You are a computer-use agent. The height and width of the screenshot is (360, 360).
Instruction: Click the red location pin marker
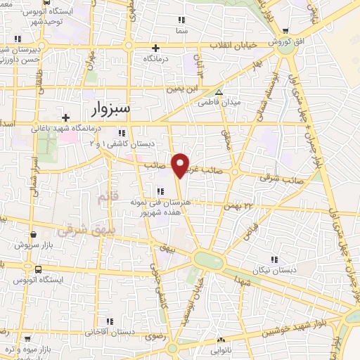pyautogui.click(x=181, y=165)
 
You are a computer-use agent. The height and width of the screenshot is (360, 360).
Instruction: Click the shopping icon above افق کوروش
pyautogui.click(x=285, y=30)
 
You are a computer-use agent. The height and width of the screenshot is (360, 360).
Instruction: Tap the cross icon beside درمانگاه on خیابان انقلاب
pyautogui.click(x=155, y=48)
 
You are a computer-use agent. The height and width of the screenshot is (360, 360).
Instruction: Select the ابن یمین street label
pyautogui.click(x=185, y=89)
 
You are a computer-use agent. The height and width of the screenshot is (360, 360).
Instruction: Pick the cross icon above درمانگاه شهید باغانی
pyautogui.click(x=65, y=117)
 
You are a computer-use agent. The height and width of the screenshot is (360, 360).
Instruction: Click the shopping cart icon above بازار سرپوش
pyautogui.click(x=33, y=235)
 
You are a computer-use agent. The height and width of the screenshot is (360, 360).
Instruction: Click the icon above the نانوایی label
pyautogui.click(x=220, y=340)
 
